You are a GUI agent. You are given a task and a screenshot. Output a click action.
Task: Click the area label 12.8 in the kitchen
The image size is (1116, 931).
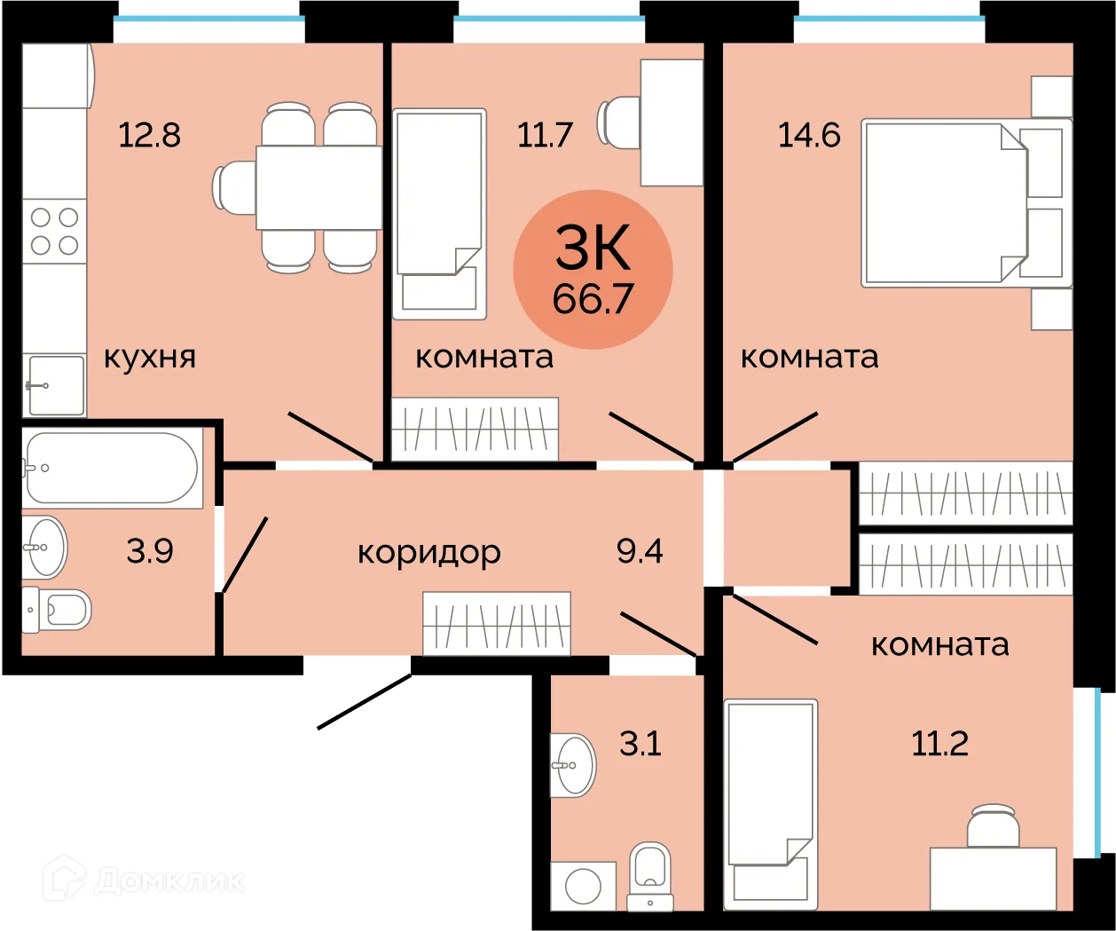pos(149,136)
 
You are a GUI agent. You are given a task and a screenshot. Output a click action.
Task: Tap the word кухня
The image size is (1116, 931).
pos(149,358)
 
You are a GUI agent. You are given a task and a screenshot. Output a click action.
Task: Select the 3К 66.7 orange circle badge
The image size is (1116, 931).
pos(593,269)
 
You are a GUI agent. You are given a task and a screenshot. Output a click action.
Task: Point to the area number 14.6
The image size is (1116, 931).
pos(809,136)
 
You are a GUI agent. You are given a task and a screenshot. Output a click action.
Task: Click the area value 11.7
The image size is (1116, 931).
pos(545,136)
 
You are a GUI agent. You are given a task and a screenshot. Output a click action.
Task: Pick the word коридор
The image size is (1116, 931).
pos(428,553)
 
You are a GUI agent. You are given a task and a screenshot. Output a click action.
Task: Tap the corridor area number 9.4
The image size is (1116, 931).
pos(640,551)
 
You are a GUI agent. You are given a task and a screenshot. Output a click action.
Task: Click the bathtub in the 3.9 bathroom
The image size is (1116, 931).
pos(112,468)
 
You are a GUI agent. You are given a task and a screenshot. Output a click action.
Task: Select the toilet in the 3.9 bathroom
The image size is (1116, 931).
pos(58,611)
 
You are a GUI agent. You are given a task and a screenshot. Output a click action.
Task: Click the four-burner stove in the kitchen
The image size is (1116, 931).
pos(54,231)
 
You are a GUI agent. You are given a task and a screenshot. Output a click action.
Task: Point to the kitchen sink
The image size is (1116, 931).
pos(56,385)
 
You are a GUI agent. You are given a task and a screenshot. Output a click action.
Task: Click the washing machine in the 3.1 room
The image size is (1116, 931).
pos(583,886)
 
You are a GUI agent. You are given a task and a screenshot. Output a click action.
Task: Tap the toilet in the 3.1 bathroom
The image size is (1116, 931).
pos(650,874)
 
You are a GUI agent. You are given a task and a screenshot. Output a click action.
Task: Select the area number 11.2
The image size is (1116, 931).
pos(939,743)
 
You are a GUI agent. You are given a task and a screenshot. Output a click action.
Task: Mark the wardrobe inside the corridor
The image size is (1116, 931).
pos(496,623)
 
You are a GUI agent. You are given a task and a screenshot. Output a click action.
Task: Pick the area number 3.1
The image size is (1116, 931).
pos(640,743)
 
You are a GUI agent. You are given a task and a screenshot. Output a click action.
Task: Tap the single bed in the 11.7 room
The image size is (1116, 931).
pos(439,213)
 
